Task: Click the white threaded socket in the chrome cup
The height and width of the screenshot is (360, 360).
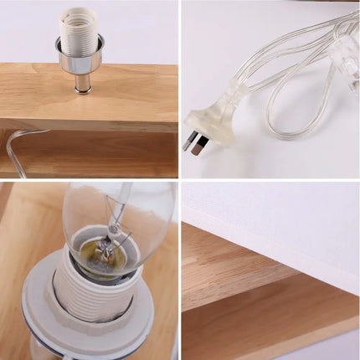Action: [x=80, y=29]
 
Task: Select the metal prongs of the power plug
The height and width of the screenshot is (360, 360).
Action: [x=195, y=140]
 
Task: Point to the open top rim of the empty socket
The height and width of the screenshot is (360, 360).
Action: [x=80, y=12]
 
